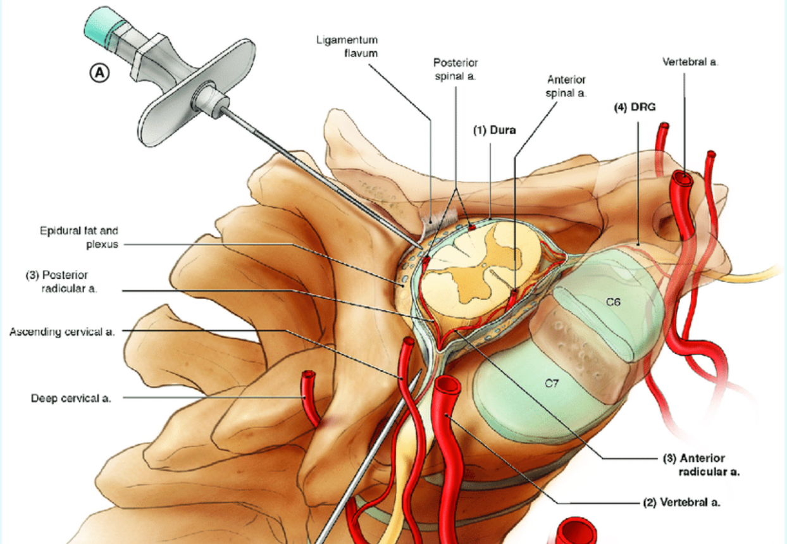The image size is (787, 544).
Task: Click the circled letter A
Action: [x=100, y=73]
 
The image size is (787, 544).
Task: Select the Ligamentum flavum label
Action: [x=347, y=46]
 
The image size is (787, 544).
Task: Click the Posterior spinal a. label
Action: [x=455, y=70]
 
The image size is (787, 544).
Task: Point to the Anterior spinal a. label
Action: [x=566, y=87]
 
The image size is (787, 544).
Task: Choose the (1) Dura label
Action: [x=494, y=130]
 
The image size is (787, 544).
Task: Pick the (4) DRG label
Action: [x=635, y=107]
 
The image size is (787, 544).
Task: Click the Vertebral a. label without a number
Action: [x=690, y=62]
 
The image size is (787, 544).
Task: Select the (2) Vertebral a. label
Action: [x=681, y=502]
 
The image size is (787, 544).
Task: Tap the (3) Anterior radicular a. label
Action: [x=701, y=465]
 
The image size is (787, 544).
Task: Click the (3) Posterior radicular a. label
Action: [x=61, y=281]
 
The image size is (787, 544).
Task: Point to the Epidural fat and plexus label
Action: [x=79, y=237]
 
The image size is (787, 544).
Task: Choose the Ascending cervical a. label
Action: [x=62, y=332]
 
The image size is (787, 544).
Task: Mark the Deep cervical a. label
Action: [x=71, y=399]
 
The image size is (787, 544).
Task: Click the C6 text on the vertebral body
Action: [x=613, y=302]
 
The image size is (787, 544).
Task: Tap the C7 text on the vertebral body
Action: [x=552, y=383]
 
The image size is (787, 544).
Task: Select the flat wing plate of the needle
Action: [x=197, y=93]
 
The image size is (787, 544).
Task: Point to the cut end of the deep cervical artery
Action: [x=309, y=374]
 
